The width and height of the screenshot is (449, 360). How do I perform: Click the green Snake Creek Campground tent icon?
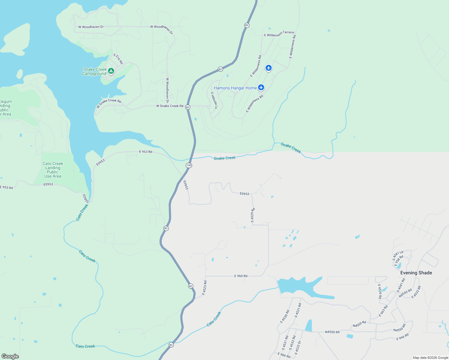111,71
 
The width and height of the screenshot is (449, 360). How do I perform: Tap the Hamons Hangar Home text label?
235,88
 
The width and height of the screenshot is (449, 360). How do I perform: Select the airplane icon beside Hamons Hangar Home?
261,87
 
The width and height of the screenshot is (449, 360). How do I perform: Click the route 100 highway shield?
189,165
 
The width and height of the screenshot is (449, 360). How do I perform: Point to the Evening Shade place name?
416,273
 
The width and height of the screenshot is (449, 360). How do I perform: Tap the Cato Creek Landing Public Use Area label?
53,170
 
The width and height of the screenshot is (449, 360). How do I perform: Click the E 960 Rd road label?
241,276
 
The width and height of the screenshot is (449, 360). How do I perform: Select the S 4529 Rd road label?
253,215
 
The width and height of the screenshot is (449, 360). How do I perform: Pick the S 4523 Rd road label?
204,288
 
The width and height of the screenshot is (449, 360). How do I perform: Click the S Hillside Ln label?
214,100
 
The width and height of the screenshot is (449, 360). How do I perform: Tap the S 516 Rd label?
118,59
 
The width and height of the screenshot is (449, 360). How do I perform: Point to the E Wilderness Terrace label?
279,34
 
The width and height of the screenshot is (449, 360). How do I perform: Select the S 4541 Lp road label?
398,255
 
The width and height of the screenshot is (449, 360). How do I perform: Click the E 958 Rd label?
399,260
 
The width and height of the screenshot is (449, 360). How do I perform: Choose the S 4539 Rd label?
380,291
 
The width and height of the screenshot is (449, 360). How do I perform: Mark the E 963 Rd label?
383,311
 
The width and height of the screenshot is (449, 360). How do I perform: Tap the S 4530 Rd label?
285,316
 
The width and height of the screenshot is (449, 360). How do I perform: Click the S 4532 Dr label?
298,348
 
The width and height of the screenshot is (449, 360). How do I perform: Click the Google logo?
10,356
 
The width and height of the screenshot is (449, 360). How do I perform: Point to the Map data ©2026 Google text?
430,358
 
